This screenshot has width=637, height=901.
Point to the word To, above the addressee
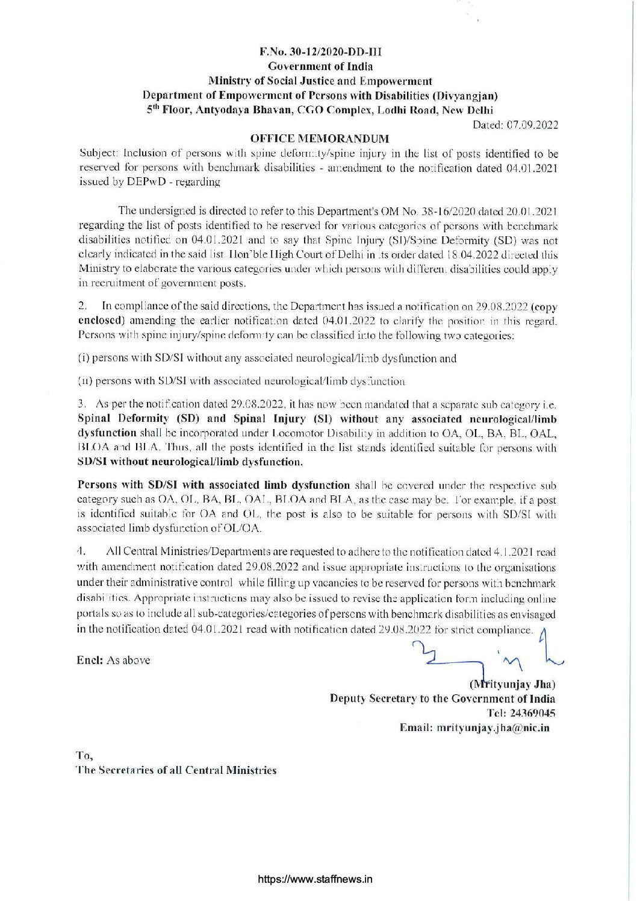point(82,755)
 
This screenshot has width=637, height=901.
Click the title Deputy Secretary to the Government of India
point(442,699)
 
